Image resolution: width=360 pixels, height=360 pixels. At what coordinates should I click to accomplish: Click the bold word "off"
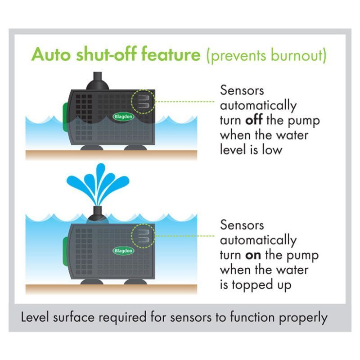[254, 120]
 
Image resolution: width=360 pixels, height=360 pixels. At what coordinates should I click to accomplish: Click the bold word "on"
[253, 255]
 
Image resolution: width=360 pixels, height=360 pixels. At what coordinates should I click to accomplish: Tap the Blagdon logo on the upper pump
[123, 117]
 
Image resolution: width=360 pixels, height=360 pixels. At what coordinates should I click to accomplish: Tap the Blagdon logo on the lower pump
[123, 251]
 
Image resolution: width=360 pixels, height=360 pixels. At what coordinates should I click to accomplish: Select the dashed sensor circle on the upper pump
[143, 102]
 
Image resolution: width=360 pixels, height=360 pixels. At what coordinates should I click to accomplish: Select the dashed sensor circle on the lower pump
[143, 236]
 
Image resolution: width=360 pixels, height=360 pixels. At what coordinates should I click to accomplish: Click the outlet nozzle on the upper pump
[97, 81]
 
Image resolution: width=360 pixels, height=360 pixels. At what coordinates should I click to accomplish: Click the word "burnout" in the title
[297, 55]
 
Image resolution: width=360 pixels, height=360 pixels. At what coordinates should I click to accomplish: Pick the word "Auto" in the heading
[51, 54]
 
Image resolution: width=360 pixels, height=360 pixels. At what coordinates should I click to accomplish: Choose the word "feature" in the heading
[171, 54]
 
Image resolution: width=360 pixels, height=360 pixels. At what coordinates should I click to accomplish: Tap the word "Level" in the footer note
[35, 317]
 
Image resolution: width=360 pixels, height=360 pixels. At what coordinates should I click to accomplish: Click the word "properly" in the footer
[303, 318]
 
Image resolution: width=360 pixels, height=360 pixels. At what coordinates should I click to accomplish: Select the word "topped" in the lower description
[252, 285]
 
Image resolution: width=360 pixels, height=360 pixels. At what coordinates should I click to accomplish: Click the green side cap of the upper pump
[66, 117]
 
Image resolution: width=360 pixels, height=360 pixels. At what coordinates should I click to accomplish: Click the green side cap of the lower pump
[66, 252]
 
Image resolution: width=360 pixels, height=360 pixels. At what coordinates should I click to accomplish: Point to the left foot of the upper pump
[92, 148]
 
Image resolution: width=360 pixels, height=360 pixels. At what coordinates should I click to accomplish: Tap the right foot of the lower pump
[135, 282]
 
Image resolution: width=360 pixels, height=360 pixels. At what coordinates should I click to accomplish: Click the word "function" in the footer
[252, 317]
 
